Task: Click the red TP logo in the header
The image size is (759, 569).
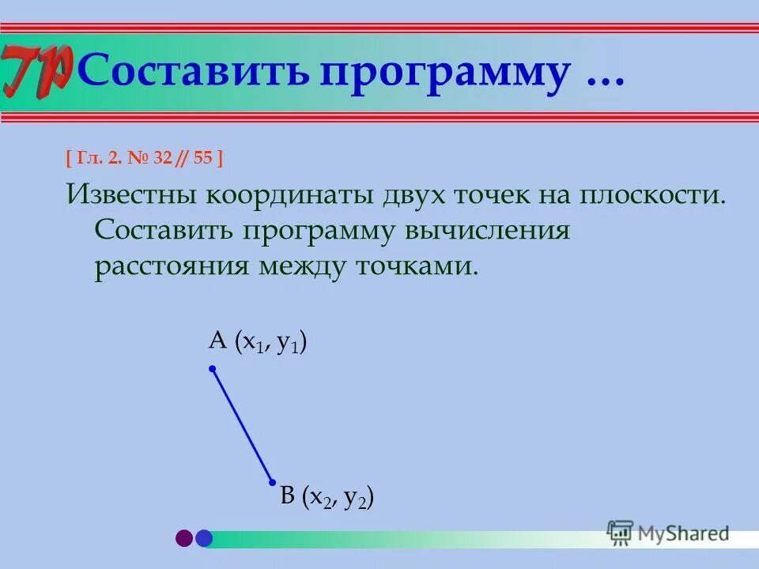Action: tap(36, 69)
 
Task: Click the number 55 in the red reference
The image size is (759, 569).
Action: tap(202, 158)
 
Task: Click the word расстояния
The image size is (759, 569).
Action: tap(171, 266)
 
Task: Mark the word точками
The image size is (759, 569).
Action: tap(416, 266)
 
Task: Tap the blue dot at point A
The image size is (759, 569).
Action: tap(212, 368)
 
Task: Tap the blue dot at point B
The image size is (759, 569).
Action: tap(272, 482)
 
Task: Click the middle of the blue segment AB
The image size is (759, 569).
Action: tap(242, 425)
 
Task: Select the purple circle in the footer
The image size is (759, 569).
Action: tap(184, 538)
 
